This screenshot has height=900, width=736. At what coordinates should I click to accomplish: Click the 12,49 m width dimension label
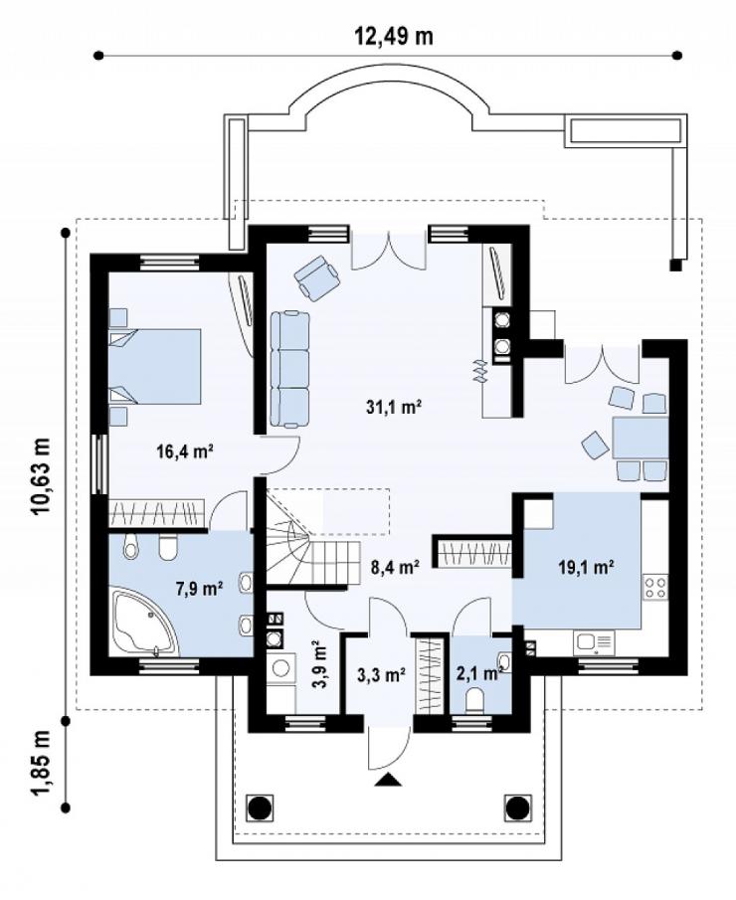pos(393,36)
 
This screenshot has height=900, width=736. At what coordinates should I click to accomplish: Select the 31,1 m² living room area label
pos(394,408)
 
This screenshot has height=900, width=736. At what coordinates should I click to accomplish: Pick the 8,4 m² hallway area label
pos(394,567)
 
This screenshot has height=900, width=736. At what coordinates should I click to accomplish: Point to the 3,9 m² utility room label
pos(320,664)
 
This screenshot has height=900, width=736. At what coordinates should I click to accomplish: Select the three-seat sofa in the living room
pos(289,369)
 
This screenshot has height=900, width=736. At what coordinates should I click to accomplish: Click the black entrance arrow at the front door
pos(389,780)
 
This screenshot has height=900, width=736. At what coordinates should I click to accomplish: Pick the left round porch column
pos(260,809)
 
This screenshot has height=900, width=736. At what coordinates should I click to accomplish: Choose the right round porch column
pos(518,809)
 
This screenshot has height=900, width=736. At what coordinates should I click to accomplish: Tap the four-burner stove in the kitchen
pos(655,587)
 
